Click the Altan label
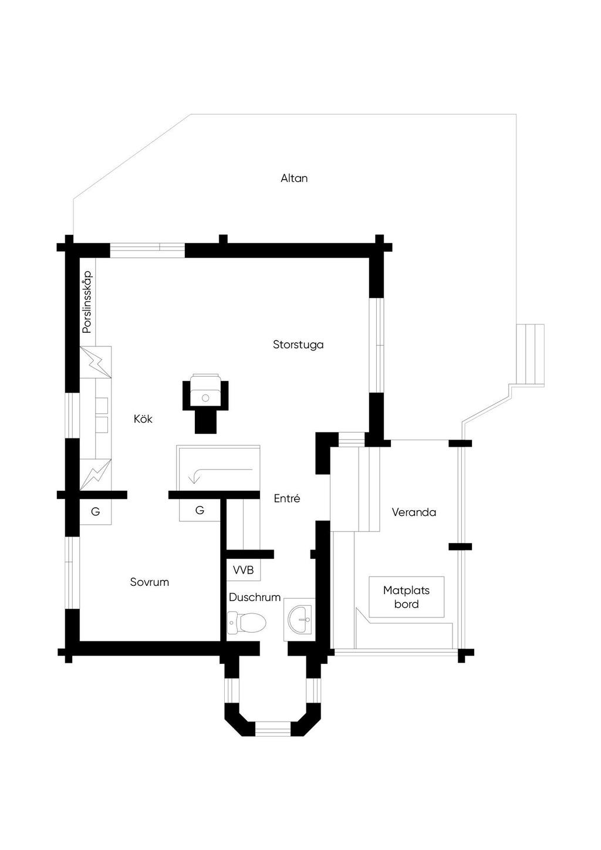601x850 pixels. [x=294, y=178]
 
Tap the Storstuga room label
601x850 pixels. [x=298, y=345]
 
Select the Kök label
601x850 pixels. [x=143, y=419]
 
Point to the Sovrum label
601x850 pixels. [x=150, y=582]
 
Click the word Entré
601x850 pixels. [x=287, y=498]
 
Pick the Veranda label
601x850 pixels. [x=414, y=512]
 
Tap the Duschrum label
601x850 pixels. [x=255, y=597]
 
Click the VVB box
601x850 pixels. [x=243, y=570]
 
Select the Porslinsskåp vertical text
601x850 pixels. [x=87, y=302]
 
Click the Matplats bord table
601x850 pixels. [x=406, y=597]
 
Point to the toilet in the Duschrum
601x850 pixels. [x=246, y=622]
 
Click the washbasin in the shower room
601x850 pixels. [x=300, y=620]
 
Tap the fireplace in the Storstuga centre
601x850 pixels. [x=205, y=395]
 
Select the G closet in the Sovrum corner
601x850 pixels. [x=95, y=511]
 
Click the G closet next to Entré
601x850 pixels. [x=200, y=510]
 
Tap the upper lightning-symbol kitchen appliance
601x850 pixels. [x=95, y=362]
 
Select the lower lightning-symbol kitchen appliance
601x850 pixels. [x=95, y=473]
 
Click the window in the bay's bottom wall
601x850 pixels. [x=273, y=730]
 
